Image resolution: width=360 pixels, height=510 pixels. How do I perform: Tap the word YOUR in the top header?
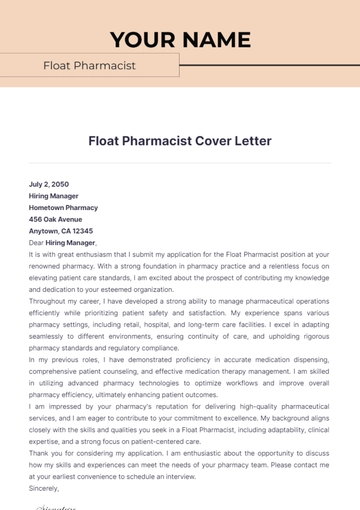pyautogui.click(x=142, y=40)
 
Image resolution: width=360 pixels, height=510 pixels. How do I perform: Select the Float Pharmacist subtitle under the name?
pyautogui.click(x=89, y=66)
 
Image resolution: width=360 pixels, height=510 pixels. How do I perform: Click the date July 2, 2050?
pyautogui.click(x=50, y=185)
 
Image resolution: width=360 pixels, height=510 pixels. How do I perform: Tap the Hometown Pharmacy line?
pyautogui.click(x=64, y=207)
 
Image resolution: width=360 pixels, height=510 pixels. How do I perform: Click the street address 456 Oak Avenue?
pyautogui.click(x=55, y=219)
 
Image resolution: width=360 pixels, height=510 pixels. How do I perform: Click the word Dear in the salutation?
pyautogui.click(x=36, y=242)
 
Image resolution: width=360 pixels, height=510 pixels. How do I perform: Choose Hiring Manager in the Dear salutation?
pyautogui.click(x=70, y=242)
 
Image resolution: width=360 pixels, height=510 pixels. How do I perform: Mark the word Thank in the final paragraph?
pyautogui.click(x=40, y=450)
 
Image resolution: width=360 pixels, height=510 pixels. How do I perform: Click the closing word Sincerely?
pyautogui.click(x=45, y=485)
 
